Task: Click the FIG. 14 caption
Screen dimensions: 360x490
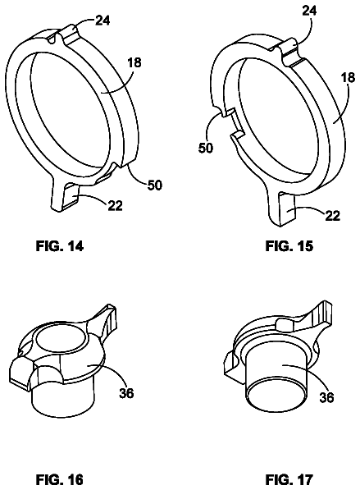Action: [x=60, y=246]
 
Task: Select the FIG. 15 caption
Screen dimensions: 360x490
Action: [x=289, y=246]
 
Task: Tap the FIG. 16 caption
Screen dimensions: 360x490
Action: [x=60, y=479]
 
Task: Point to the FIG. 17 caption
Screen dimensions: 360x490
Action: [x=289, y=479]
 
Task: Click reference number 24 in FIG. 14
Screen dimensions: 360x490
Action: [x=103, y=21]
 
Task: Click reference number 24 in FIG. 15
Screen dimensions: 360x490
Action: [x=309, y=11]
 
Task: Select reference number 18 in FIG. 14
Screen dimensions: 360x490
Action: [x=134, y=63]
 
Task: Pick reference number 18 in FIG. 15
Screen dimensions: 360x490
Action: [x=348, y=77]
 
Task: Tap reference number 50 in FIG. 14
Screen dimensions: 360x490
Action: [x=154, y=185]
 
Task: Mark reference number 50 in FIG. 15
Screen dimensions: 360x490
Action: [x=206, y=148]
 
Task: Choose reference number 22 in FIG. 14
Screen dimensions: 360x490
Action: [x=115, y=205]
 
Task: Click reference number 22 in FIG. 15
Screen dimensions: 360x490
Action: [x=332, y=216]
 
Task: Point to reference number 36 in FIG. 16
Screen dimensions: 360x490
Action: [x=126, y=393]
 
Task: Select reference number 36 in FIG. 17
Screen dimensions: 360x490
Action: [x=326, y=397]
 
